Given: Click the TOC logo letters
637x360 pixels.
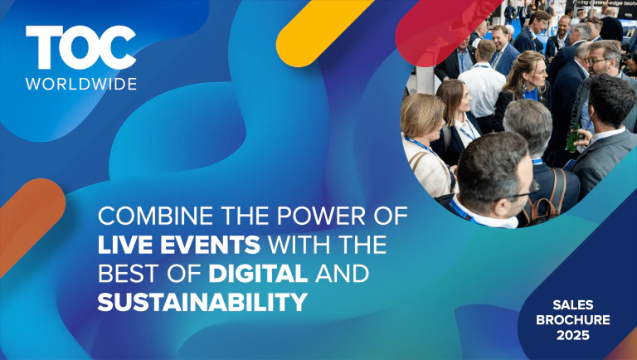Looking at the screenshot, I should click(x=80, y=48).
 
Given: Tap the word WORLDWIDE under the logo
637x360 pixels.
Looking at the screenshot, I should click(x=80, y=83).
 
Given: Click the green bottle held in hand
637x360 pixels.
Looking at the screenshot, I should click(x=571, y=136).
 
